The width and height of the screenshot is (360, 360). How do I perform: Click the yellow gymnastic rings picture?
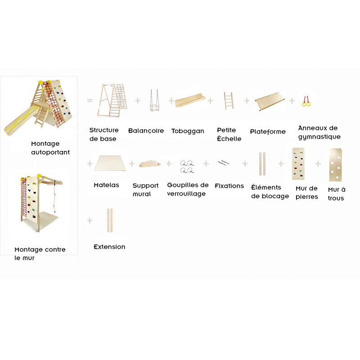click(306, 102)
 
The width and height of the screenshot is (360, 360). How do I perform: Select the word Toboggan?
click(188, 131)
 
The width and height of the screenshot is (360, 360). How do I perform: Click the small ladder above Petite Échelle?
click(229, 100)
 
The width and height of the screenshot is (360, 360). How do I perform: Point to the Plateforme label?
click(268, 131)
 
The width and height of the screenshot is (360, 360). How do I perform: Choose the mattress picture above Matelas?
click(110, 163)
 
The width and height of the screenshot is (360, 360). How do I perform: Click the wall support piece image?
click(150, 163)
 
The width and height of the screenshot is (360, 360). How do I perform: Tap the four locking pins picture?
click(187, 166)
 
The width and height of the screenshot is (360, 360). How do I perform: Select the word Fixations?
click(229, 186)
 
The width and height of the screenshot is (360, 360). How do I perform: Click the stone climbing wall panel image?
click(298, 164)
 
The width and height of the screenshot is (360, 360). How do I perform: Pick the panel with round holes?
click(335, 165)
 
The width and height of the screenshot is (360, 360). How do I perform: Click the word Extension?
click(109, 247)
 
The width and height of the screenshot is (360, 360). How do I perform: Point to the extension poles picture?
click(110, 220)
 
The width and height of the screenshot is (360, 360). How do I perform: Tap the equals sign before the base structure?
click(90, 100)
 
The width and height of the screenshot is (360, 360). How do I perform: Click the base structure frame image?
click(112, 100)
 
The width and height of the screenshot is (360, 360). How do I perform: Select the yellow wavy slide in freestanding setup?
click(20, 120)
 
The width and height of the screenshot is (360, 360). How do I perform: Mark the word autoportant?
click(50, 153)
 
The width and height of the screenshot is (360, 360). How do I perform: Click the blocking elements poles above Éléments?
click(262, 164)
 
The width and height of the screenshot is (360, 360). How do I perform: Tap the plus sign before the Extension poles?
click(90, 220)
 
